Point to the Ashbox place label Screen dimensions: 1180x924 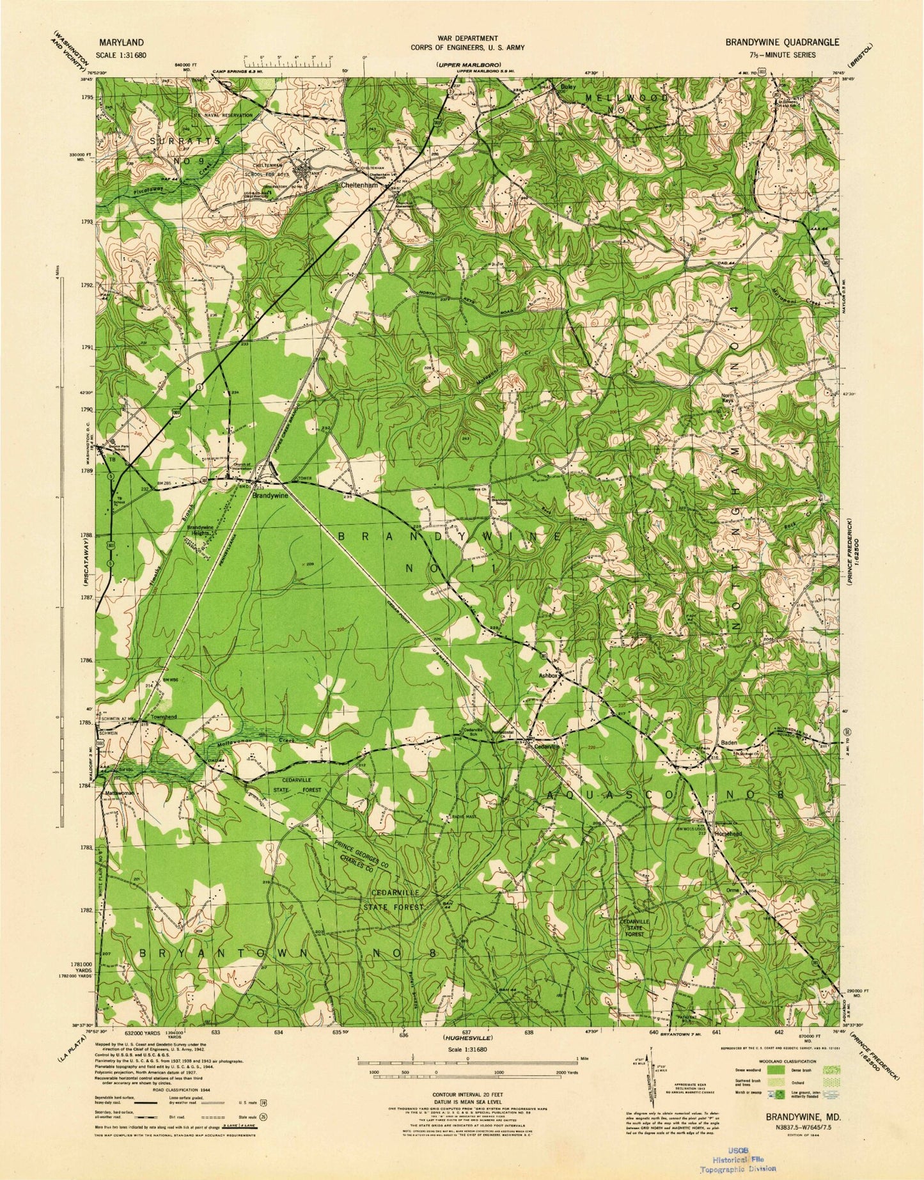pos(549,674)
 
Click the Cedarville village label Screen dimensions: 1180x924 pos(547,746)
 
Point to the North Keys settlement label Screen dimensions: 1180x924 pos(728,398)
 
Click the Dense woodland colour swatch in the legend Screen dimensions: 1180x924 pos(775,1069)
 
